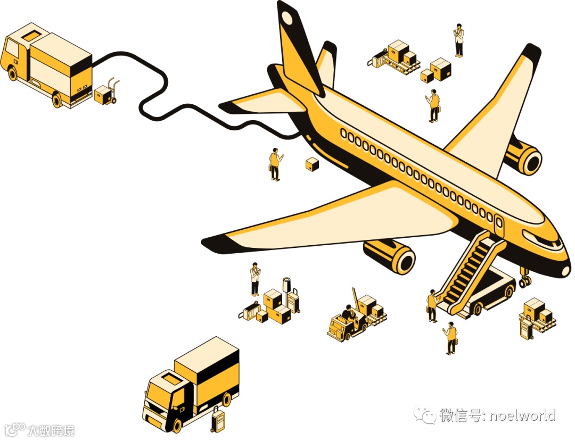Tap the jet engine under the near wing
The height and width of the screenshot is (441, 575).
point(391,255)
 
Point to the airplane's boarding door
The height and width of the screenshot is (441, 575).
point(499,224)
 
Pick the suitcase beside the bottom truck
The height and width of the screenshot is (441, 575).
point(217,420)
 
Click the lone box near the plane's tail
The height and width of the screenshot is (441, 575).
point(312,164)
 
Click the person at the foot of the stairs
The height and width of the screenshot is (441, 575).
point(432,305)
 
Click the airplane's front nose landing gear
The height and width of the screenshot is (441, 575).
point(525,279)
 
